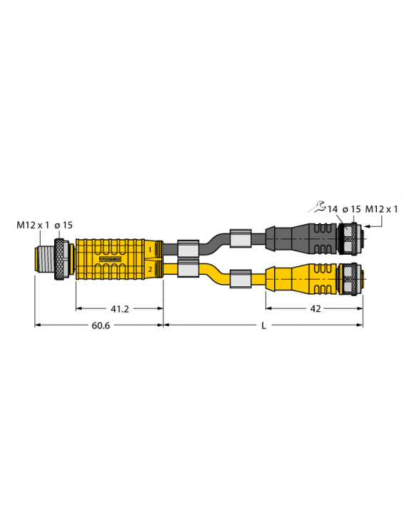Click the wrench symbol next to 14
[317, 208]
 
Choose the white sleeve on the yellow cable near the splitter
[187, 269]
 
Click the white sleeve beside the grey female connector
[241, 238]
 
